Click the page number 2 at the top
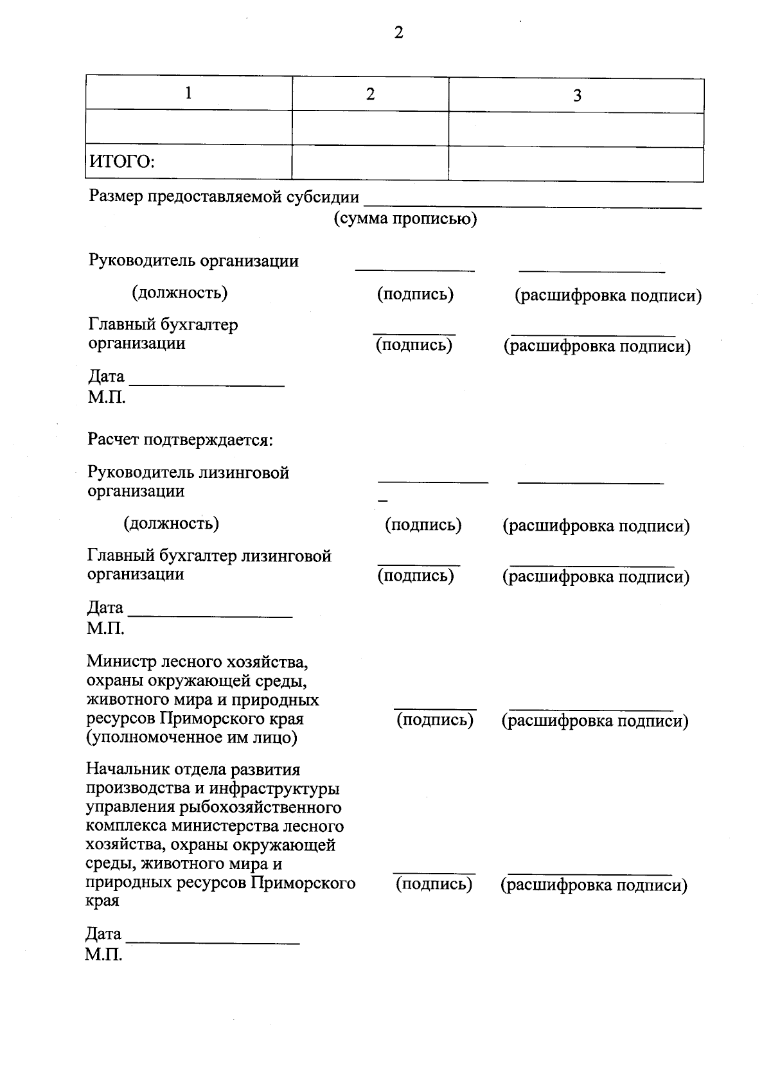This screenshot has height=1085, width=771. coord(398,33)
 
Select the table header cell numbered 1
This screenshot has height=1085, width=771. coord(188,94)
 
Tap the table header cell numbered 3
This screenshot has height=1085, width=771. coord(576,96)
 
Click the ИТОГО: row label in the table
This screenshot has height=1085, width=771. coord(122,161)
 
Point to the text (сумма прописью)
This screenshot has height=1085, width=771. coord(405,219)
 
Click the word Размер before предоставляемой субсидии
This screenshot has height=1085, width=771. coord(116,196)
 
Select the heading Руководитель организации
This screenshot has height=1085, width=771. coord(193,261)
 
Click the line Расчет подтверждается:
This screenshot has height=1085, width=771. coord(181,440)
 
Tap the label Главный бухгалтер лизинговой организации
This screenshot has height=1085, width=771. coord(209,565)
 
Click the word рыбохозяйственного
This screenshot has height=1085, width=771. coord(269,807)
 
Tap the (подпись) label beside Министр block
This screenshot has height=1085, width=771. coord(435,720)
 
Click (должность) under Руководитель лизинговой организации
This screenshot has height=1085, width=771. coord(172,524)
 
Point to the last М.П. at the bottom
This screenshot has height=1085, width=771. coord(103,955)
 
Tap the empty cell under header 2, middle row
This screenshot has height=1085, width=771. coord(370,127)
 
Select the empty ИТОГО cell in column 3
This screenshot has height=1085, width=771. coord(576,164)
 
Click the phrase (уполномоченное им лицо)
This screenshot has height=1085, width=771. coord(191,737)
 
